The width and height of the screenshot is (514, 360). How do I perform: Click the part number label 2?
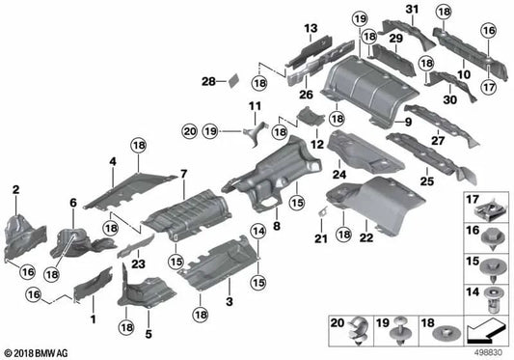pos(15,192)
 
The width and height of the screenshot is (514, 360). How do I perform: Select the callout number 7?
pos(181,173)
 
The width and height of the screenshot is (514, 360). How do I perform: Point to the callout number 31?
pos(413,10)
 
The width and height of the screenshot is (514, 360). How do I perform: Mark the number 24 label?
pos(338,175)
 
